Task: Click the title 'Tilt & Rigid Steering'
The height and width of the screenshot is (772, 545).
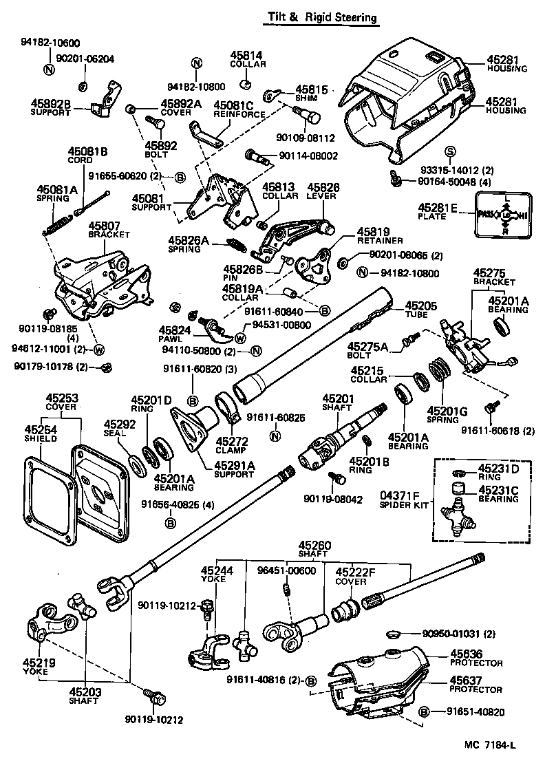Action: (x=323, y=18)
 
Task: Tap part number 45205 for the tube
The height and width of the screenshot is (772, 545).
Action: (x=420, y=306)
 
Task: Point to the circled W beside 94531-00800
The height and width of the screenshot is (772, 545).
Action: (x=240, y=337)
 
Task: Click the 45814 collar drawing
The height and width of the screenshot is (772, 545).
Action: (x=244, y=85)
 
